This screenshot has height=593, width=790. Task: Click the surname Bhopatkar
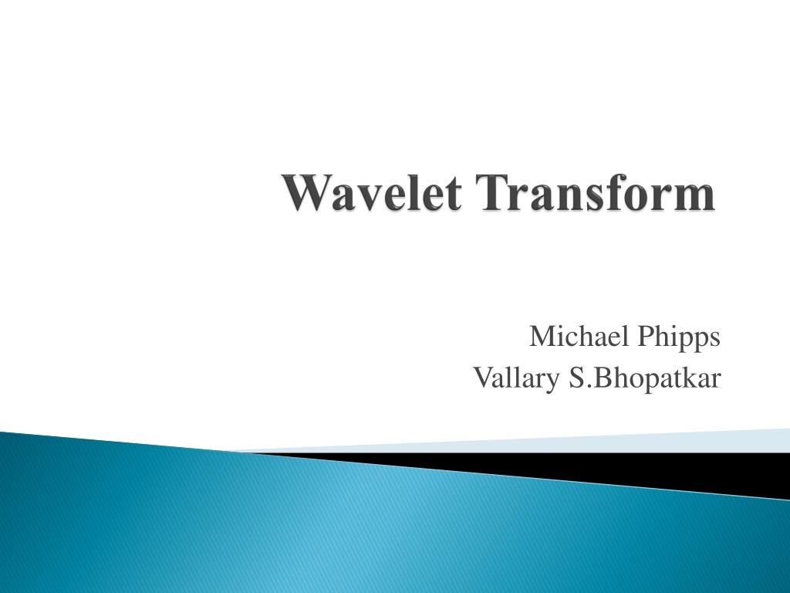click(x=662, y=378)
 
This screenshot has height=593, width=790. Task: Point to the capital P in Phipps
click(x=645, y=337)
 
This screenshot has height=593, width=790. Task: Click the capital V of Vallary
click(x=481, y=378)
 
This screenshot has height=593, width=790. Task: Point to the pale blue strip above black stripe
click(x=656, y=442)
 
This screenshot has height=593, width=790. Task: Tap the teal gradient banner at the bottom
click(x=309, y=533)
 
